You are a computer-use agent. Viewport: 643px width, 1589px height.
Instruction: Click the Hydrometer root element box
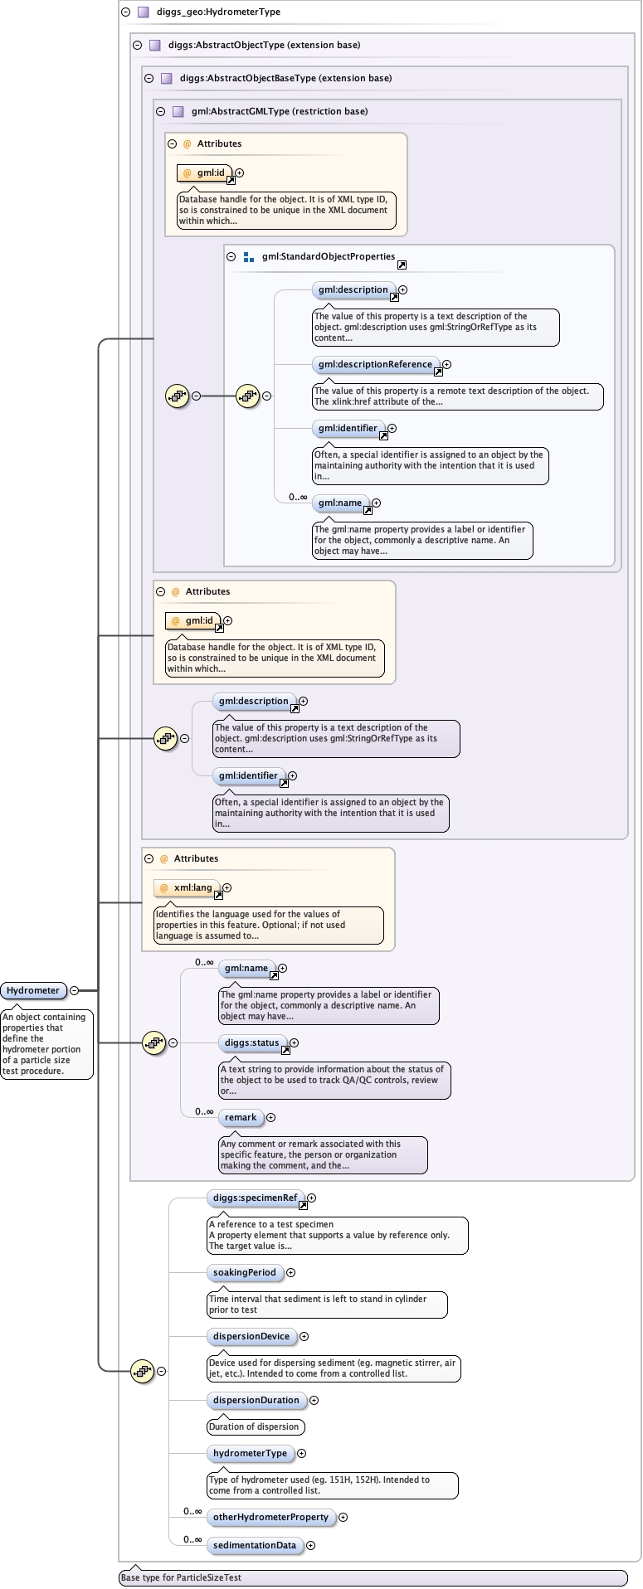[33, 990]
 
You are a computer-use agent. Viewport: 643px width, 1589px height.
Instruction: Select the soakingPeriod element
[244, 1272]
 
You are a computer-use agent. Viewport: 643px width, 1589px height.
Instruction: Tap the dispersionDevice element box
[251, 1336]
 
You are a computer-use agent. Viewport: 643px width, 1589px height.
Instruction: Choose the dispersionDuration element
[256, 1400]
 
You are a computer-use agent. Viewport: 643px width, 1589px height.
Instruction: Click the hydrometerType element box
[250, 1453]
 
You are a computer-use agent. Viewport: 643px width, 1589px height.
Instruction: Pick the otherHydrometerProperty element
[270, 1517]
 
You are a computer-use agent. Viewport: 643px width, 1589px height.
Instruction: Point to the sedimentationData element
[254, 1545]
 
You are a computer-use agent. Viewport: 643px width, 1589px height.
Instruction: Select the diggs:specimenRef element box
[255, 1198]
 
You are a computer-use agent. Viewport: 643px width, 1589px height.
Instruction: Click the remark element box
[241, 1117]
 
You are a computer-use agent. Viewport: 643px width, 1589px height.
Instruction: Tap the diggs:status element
[251, 1042]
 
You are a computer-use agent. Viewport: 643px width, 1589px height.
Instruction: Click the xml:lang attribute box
[188, 887]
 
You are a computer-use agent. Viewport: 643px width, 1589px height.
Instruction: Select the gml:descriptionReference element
[375, 364]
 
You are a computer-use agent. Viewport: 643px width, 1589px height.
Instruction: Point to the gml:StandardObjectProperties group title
[328, 257]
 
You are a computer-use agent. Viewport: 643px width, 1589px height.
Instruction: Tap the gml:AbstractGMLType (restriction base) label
[279, 111]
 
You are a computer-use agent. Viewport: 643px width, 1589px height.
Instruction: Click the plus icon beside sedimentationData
[310, 1545]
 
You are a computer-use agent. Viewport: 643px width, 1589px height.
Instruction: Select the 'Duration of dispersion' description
[254, 1426]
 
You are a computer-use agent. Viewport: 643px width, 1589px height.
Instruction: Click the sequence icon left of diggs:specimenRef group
[143, 1371]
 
